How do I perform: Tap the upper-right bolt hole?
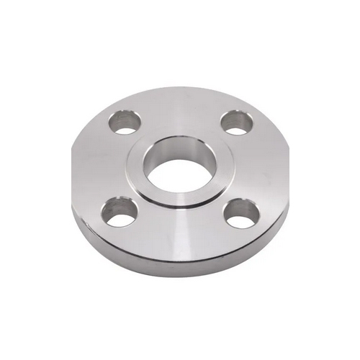(235, 122)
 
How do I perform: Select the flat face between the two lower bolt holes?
(180, 230)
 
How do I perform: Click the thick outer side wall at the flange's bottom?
(180, 266)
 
